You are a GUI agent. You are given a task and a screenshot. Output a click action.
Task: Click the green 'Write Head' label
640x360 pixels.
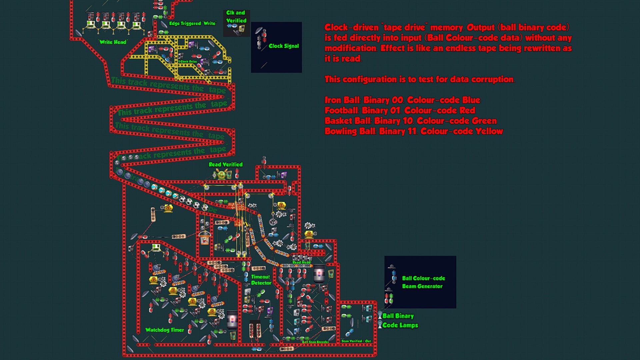pyautogui.click(x=113, y=42)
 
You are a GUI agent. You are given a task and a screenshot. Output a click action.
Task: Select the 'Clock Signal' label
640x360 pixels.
pyautogui.click(x=284, y=46)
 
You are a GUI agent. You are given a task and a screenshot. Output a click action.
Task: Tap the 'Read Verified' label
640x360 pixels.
pyautogui.click(x=226, y=164)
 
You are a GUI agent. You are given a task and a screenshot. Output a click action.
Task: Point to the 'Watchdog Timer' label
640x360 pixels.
pyautogui.click(x=165, y=330)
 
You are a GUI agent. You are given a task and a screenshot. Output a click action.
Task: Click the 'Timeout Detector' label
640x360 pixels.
pyautogui.click(x=261, y=280)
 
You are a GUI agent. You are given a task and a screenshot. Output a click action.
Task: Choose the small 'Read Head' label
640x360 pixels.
pyautogui.click(x=301, y=262)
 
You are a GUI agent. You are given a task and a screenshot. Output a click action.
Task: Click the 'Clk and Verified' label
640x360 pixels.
pyautogui.click(x=236, y=17)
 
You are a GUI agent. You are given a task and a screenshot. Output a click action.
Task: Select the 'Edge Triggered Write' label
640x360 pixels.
pyautogui.click(x=193, y=23)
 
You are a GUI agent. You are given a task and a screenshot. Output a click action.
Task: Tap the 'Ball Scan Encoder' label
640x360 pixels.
pyautogui.click(x=315, y=342)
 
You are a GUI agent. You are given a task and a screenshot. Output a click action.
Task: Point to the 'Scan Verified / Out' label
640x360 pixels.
pyautogui.click(x=356, y=341)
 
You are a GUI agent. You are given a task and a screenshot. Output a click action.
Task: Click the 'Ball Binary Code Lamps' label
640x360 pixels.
pyautogui.click(x=400, y=320)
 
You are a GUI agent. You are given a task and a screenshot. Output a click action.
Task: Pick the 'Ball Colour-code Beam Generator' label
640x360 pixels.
pyautogui.click(x=423, y=282)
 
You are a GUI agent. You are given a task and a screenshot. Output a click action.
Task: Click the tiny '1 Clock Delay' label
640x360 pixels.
pyautogui.click(x=188, y=62)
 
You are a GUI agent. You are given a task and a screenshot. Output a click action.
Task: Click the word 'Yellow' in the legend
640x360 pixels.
pyautogui.click(x=489, y=131)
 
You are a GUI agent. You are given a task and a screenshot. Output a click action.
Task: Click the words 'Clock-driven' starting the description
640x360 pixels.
pyautogui.click(x=352, y=27)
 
